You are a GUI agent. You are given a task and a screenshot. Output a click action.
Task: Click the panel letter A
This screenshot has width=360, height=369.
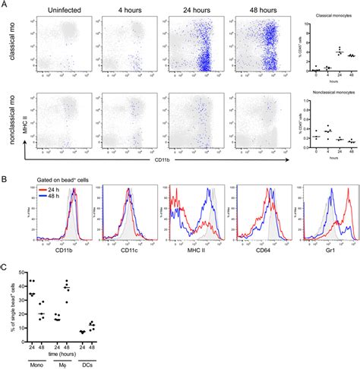tap(5, 6)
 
